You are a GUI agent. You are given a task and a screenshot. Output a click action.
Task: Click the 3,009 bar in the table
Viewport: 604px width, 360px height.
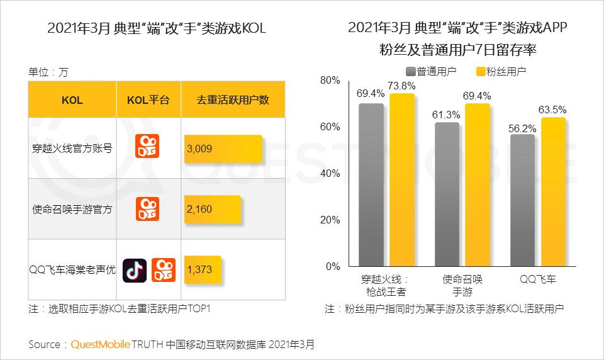[223, 149]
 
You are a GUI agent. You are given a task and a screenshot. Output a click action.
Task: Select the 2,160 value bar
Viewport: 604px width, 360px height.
[212, 209]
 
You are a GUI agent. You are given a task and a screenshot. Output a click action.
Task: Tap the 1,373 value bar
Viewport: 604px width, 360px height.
[203, 269]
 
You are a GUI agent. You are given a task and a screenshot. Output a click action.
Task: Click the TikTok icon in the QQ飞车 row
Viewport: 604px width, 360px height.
[135, 269]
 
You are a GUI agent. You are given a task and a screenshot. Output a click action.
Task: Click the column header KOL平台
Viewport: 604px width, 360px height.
[148, 99]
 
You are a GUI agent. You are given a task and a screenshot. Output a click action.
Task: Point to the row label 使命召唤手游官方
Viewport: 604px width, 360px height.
[72, 210]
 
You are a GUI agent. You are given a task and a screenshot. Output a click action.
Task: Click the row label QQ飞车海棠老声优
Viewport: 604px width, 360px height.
[72, 269]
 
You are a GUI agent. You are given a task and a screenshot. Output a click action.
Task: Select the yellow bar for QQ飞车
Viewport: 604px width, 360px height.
[554, 191]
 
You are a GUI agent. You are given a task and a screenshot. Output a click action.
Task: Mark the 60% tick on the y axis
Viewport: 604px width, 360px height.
[330, 127]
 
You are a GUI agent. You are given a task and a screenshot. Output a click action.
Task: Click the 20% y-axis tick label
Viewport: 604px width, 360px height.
[330, 220]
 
